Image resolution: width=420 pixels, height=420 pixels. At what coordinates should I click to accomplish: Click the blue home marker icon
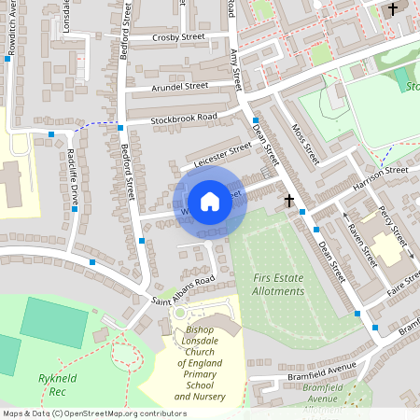[x=210, y=202]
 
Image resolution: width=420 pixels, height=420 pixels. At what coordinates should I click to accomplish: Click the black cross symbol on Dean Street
[x=289, y=200]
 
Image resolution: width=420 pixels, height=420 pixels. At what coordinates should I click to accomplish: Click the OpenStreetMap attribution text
[x=93, y=413]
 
